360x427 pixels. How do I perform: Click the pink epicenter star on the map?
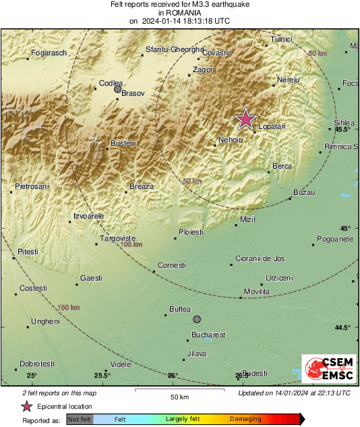point(246,119)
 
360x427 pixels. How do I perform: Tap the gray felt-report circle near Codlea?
point(117,89)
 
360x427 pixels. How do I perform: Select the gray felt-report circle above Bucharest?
point(197,319)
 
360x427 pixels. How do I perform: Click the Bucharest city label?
point(208,335)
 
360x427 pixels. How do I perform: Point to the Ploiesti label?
point(191,232)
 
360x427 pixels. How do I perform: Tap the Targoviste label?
point(118,238)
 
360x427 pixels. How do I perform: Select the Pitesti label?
point(28,251)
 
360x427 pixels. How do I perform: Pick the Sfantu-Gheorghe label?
point(175,49)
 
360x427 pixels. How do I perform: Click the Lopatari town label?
point(272,126)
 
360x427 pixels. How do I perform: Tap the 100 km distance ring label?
point(131,244)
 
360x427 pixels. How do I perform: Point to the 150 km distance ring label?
point(69,308)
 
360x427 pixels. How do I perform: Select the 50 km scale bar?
point(178,391)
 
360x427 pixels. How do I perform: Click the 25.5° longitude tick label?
point(102,375)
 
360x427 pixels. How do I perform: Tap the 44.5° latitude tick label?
point(342,328)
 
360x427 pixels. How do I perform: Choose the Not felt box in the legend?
point(80,419)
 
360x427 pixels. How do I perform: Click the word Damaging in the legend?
point(245,419)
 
